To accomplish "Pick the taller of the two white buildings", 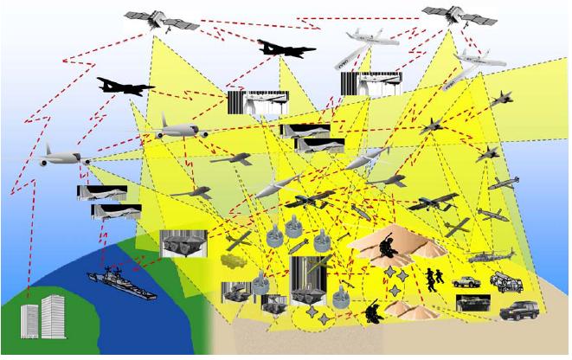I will coord(54,316).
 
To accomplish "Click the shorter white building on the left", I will coord(31,322).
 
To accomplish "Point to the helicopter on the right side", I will coord(491,256).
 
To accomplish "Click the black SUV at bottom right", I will coord(519,311).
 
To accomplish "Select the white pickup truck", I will coord(466,282).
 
